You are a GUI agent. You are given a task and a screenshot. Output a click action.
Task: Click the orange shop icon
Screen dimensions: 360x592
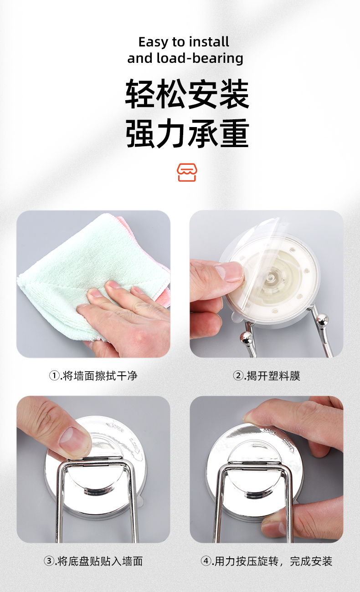(x=187, y=172)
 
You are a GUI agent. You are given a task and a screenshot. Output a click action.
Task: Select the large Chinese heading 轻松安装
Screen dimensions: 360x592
(x=187, y=94)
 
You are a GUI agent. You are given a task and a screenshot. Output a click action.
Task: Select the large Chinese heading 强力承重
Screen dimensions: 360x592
(x=187, y=133)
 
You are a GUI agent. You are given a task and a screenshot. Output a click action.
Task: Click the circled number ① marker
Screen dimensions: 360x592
(x=55, y=376)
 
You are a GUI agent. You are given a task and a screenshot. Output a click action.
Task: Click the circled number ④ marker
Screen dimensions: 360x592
(x=206, y=561)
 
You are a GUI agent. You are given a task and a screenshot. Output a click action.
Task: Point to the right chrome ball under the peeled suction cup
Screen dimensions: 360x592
(x=322, y=319)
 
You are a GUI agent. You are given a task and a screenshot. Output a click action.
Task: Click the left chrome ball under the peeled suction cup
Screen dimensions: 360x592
(x=246, y=338)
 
